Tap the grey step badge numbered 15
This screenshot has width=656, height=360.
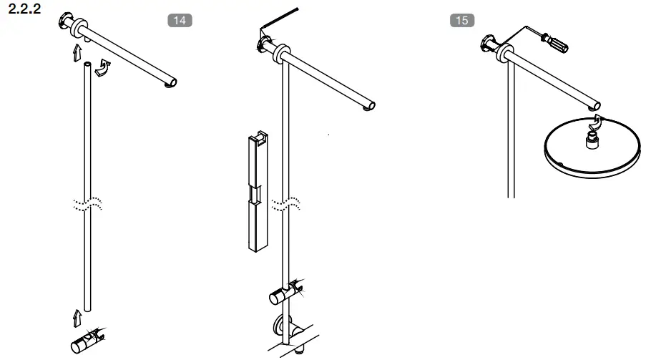pos(462,20)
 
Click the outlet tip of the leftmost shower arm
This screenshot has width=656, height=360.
pos(171,85)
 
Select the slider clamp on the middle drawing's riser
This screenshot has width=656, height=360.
pos(285,293)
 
